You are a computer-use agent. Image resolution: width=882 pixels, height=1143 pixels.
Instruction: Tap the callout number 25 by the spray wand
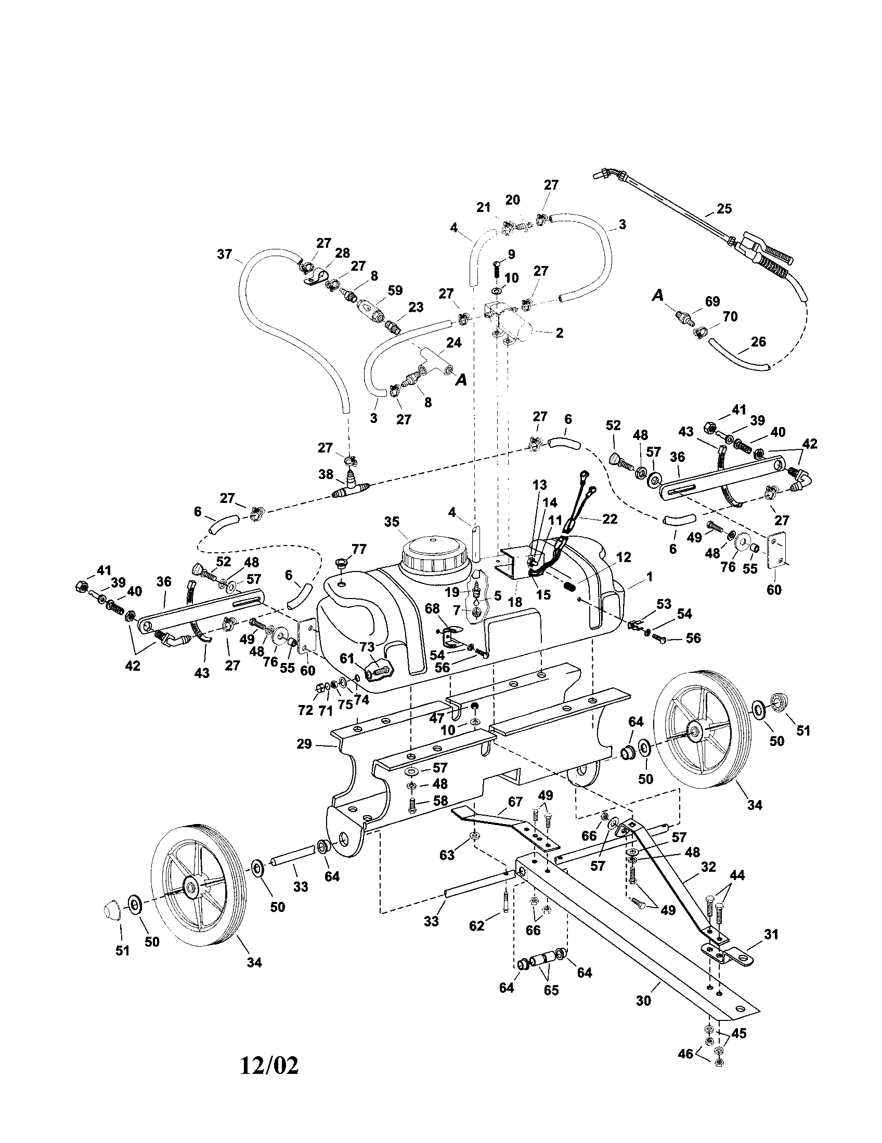pyautogui.click(x=724, y=208)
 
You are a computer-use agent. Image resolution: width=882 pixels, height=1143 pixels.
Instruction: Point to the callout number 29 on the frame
pyautogui.click(x=304, y=743)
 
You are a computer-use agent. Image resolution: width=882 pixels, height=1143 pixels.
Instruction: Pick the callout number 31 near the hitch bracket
pyautogui.click(x=771, y=934)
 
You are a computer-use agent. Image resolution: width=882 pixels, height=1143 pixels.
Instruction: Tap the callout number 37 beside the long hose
pyautogui.click(x=225, y=255)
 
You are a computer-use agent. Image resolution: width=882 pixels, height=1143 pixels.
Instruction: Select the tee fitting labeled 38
pyautogui.click(x=349, y=488)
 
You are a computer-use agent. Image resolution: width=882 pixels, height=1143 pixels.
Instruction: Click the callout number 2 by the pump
pyautogui.click(x=560, y=333)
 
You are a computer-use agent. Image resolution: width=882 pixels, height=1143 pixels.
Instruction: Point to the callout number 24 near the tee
pyautogui.click(x=453, y=342)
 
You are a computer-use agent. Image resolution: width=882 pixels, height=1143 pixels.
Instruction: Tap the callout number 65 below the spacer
pyautogui.click(x=551, y=990)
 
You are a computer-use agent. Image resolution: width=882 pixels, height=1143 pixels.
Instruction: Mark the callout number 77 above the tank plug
pyautogui.click(x=359, y=549)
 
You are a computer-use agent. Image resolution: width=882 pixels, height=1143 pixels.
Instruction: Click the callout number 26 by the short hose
pyautogui.click(x=758, y=342)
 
